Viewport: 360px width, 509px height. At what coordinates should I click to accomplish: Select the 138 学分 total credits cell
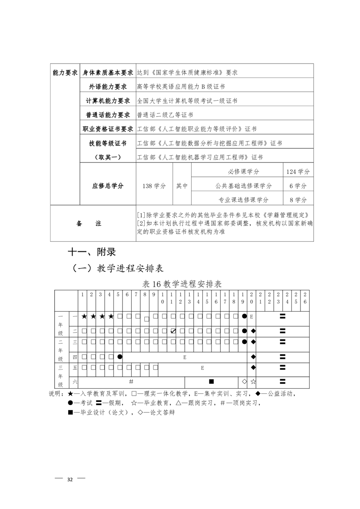(154, 186)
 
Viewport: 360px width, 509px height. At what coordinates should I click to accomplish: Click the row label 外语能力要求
(108, 86)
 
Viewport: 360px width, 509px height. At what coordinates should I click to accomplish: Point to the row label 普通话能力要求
(108, 115)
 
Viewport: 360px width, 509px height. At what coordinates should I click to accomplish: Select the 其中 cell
(182, 186)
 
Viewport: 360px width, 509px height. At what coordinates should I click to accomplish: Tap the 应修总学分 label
(108, 186)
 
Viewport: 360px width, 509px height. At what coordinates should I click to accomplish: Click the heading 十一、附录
(94, 252)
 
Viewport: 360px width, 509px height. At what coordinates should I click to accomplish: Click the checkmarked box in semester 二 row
(173, 331)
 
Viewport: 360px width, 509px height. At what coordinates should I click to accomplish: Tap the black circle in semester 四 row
(119, 357)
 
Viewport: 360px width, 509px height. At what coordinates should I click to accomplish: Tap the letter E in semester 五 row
(202, 367)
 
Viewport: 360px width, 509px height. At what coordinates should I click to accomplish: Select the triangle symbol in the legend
(178, 402)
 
